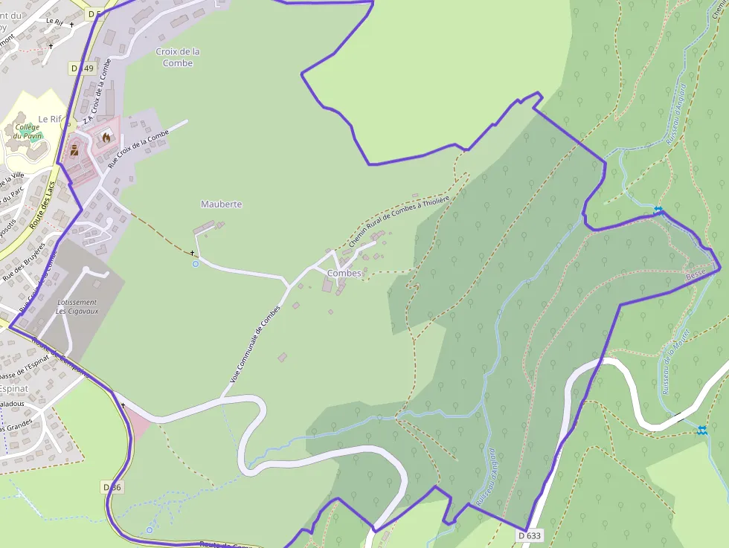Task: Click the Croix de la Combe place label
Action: (x=178, y=57)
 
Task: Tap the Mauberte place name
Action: (x=221, y=204)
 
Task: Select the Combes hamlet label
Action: (x=344, y=273)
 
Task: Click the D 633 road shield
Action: (x=530, y=535)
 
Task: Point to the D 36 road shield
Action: (x=112, y=487)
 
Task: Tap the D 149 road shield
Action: (x=83, y=68)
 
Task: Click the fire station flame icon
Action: (x=106, y=137)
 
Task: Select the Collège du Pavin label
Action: (x=27, y=132)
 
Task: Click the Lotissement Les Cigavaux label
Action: (x=77, y=306)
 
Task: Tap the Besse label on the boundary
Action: (x=696, y=274)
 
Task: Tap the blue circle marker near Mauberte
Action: (x=196, y=263)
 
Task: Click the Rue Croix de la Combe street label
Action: (x=139, y=148)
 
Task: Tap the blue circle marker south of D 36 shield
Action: (x=150, y=530)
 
